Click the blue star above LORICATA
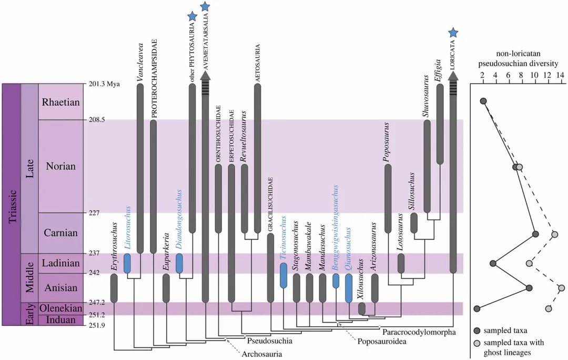(x=453, y=33)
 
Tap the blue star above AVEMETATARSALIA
(x=206, y=6)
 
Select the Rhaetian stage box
(x=60, y=102)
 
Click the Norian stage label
(x=60, y=166)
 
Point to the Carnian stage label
(x=60, y=233)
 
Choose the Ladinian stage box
(x=60, y=263)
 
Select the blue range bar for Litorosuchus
(x=127, y=263)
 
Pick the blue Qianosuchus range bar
(x=348, y=288)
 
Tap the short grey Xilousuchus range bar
(x=362, y=309)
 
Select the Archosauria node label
(x=261, y=354)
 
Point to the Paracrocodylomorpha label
(x=415, y=332)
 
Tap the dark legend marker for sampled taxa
(x=477, y=331)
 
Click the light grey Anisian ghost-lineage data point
(x=561, y=287)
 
